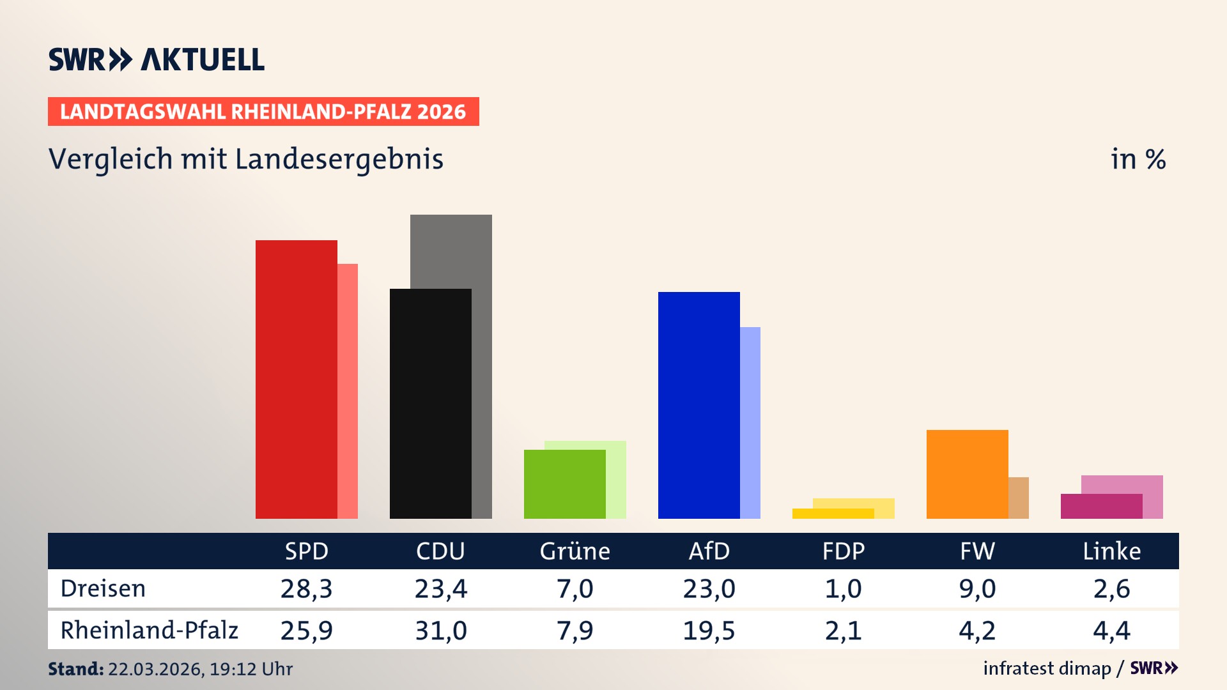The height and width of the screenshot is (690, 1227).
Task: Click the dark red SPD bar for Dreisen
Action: coord(296,379)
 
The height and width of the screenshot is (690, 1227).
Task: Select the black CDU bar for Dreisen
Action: coord(430,404)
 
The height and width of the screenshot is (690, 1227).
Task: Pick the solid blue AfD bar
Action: coord(698,405)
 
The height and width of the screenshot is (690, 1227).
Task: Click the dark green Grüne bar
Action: coord(564,484)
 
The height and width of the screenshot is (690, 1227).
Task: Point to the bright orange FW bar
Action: coord(967,474)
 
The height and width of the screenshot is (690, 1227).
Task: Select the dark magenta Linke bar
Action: coord(1101,507)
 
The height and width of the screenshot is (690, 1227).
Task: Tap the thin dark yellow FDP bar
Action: coord(833,514)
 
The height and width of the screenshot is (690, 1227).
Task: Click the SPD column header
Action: coord(307,551)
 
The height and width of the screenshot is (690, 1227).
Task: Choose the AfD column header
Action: coord(709,551)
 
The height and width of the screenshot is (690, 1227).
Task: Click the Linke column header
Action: coord(1111,551)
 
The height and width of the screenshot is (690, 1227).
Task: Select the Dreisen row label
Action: coord(103,588)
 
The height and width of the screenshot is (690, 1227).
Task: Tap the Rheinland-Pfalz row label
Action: coord(149,630)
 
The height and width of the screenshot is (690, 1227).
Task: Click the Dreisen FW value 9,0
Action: coord(977,588)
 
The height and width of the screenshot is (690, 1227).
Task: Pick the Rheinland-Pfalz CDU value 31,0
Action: coord(441,631)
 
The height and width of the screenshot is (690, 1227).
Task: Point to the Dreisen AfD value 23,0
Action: coord(709,588)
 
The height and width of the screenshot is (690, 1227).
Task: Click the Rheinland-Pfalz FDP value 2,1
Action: coord(843,631)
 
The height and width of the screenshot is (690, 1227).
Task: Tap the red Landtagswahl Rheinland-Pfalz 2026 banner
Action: coord(263,112)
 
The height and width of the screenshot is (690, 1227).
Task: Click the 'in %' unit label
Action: coord(1138,159)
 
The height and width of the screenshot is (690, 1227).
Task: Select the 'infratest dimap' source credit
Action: coord(1046,668)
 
